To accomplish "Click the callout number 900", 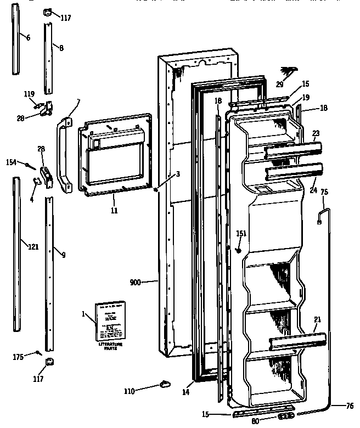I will coord(136,283).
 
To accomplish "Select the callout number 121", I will coord(33,247).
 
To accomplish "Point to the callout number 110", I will coord(129,391).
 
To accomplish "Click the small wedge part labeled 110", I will coord(163,382).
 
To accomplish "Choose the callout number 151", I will coord(241,234).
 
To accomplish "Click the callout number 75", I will coord(324,193).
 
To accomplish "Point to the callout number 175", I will coord(19,357).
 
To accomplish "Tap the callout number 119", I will coord(29,94).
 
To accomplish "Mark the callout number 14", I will coord(185,393).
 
